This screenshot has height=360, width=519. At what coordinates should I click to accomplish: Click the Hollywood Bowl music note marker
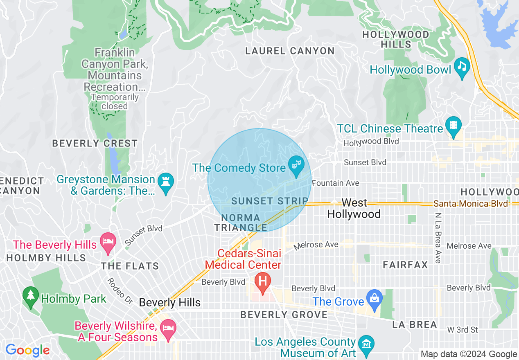463,68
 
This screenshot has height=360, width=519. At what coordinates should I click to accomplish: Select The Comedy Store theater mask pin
296,166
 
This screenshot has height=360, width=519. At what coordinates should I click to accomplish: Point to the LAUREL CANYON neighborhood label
290,51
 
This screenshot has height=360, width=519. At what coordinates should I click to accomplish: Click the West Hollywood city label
354,208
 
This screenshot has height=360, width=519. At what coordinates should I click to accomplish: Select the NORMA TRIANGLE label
241,223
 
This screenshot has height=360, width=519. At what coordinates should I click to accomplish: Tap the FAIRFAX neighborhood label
405,265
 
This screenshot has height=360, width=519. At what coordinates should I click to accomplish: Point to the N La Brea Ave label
438,238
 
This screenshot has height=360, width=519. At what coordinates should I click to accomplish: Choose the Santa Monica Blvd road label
471,203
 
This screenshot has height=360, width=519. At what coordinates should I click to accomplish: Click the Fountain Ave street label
336,183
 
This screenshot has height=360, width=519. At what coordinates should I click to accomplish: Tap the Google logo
27,350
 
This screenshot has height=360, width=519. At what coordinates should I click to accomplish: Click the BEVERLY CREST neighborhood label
95,144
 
